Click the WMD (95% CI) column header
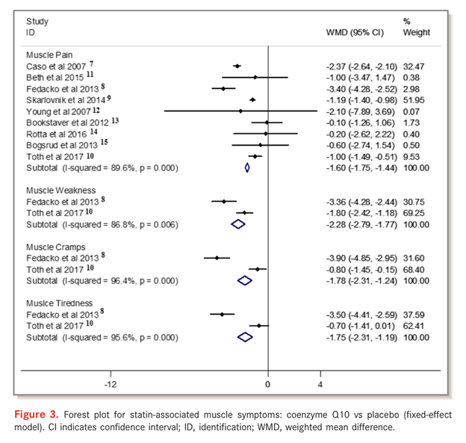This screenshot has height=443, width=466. click(x=355, y=33)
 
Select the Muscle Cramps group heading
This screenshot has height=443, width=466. click(x=56, y=247)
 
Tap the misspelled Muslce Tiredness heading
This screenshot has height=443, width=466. click(x=60, y=303)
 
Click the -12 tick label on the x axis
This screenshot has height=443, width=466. click(x=111, y=384)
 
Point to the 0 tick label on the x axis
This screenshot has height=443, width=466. click(x=268, y=384)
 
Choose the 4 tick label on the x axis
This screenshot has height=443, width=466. click(x=320, y=384)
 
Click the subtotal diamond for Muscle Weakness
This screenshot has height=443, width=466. click(x=238, y=223)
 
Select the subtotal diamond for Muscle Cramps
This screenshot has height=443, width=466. click(x=244, y=280)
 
